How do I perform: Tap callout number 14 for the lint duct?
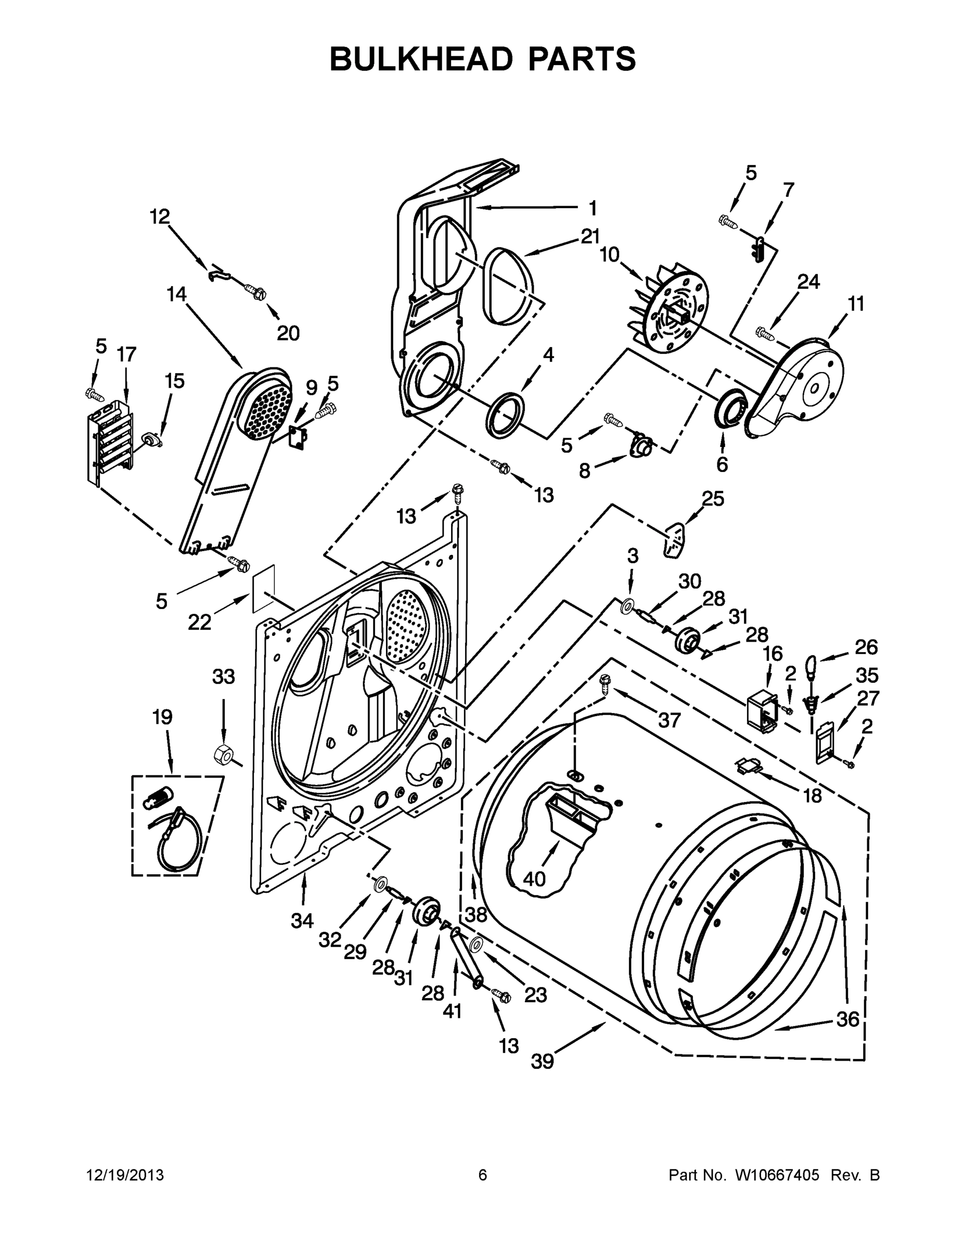177,295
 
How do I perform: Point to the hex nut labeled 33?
222,756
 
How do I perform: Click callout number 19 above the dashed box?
162,717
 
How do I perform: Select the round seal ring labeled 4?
504,415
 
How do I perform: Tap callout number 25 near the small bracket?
712,499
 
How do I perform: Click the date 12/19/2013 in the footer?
125,1175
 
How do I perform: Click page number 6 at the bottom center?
483,1175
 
